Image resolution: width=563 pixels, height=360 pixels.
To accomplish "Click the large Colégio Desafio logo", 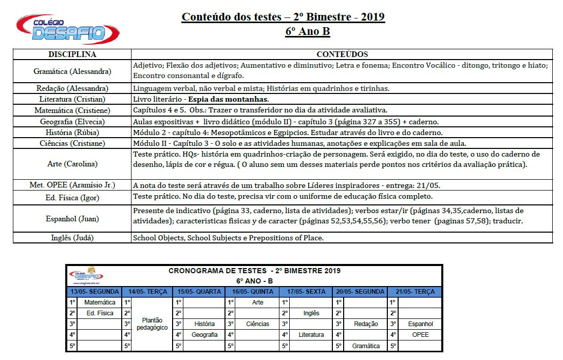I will coord(68,29).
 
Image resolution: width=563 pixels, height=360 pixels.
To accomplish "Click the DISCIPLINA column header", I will coord(72,54).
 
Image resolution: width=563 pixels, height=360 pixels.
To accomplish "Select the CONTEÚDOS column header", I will coord(342,54).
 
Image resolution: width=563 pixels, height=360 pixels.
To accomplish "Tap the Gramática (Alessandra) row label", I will coord(72,71).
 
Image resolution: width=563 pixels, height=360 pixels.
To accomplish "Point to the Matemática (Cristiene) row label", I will coord(72,110).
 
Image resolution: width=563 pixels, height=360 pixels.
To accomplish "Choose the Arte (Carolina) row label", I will coord(72,164).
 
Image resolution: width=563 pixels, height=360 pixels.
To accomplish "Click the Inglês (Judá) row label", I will coord(72,238).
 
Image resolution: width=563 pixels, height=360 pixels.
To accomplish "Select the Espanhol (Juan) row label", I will coord(72,219).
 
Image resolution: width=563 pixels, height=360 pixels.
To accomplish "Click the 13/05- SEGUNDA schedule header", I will coord(95,292).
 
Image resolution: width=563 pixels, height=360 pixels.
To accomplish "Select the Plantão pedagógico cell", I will coord(153,324).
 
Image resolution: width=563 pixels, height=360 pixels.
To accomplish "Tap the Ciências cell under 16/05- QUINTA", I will coord(257,324).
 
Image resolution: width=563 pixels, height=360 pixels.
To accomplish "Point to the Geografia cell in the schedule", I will coord(204,335).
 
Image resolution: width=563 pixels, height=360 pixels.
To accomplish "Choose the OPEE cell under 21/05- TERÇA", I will coord(420,335).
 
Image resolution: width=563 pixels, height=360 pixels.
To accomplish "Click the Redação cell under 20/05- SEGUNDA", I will coord(366,324).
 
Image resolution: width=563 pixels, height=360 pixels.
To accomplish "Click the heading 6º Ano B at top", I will coord(308,32).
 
